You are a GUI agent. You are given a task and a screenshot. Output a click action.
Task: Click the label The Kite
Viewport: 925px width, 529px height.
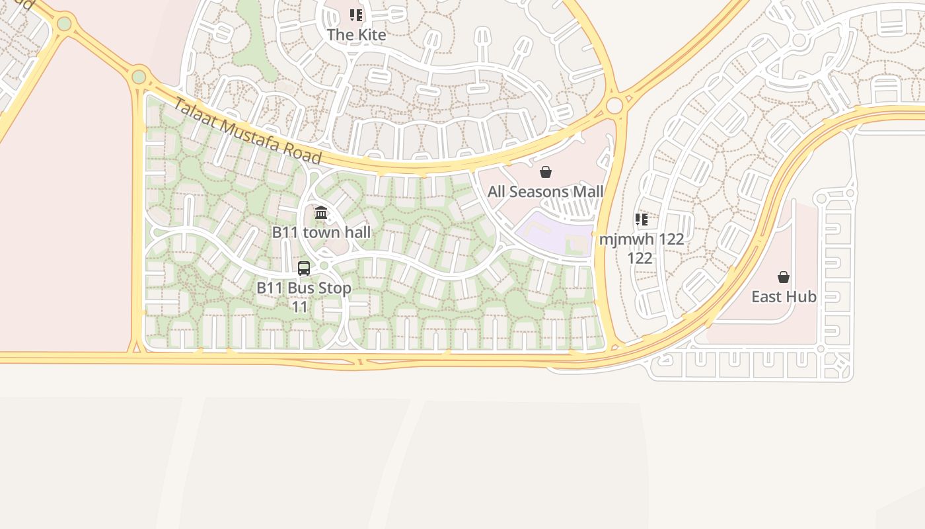pyautogui.click(x=356, y=34)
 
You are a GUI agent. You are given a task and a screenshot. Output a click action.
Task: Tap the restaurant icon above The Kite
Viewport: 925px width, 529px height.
pyautogui.click(x=356, y=15)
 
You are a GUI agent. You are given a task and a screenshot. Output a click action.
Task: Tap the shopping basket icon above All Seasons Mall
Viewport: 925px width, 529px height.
pyautogui.click(x=546, y=173)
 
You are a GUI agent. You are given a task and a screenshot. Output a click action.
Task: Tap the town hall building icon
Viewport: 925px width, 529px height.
pyautogui.click(x=321, y=213)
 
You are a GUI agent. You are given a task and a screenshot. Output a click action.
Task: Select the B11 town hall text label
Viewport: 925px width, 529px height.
pyautogui.click(x=322, y=232)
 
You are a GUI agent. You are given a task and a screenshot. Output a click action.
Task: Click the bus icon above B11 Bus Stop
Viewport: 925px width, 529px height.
pyautogui.click(x=304, y=268)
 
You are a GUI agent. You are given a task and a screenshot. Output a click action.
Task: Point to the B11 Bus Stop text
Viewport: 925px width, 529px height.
pyautogui.click(x=304, y=288)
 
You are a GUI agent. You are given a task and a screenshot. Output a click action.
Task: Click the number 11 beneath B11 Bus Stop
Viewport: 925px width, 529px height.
pyautogui.click(x=300, y=307)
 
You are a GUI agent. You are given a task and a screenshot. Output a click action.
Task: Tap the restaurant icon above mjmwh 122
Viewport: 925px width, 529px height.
pyautogui.click(x=641, y=220)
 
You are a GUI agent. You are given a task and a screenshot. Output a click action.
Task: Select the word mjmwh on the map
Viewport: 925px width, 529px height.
pyautogui.click(x=620, y=239)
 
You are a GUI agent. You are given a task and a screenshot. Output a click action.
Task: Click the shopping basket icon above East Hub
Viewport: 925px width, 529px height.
pyautogui.click(x=784, y=277)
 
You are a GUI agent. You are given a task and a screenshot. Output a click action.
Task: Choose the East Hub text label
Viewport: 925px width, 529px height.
pyautogui.click(x=784, y=297)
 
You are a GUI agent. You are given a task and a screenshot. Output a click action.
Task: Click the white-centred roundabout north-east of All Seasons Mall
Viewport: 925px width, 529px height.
pyautogui.click(x=614, y=105)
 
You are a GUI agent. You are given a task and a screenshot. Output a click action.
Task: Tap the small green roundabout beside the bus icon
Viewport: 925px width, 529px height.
pyautogui.click(x=324, y=266)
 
